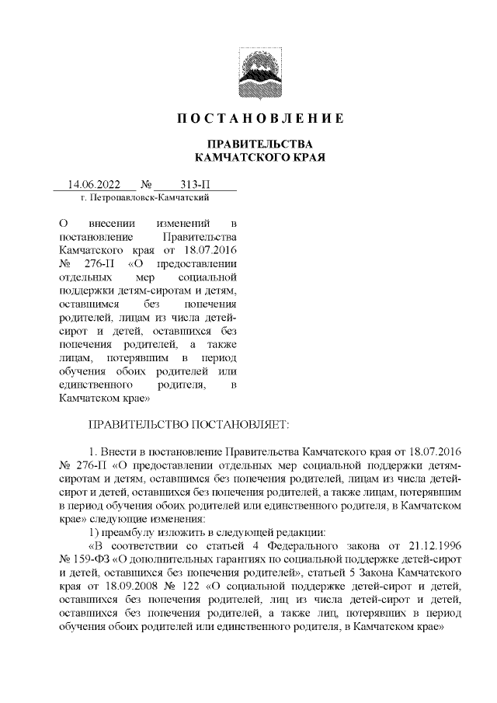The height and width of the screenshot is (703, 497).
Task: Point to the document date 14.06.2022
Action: [94, 185]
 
